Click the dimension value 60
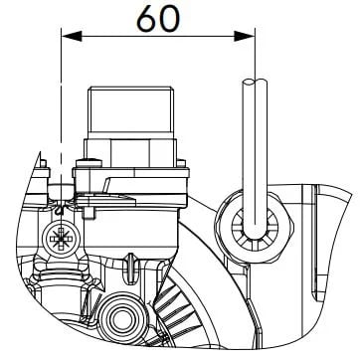click(x=158, y=19)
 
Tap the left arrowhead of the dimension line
click(x=72, y=36)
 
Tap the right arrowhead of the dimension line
click(x=245, y=36)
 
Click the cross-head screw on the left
click(x=61, y=238)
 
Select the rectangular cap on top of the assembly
click(x=130, y=112)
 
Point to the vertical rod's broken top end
click(x=255, y=81)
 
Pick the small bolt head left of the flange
click(x=89, y=163)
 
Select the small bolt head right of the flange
click(x=181, y=163)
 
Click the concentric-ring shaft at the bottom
click(x=122, y=318)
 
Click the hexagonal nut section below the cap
click(x=130, y=153)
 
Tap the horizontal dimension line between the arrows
click(x=158, y=36)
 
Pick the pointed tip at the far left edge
click(x=40, y=152)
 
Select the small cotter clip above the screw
click(x=60, y=209)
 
